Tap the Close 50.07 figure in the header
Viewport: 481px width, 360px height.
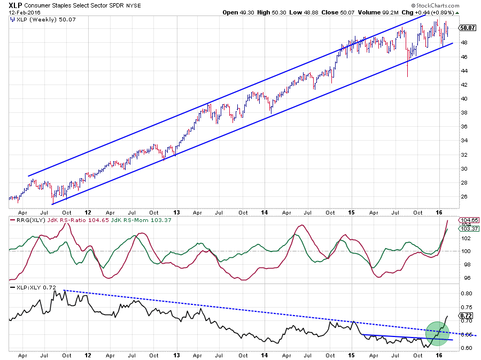pos(336,12)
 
